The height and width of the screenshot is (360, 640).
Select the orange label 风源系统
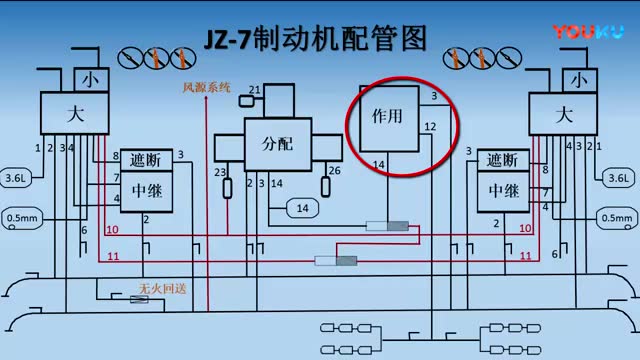206,88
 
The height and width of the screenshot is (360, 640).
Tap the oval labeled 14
301,207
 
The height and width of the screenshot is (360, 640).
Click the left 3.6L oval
16,178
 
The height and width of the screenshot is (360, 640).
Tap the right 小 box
577,79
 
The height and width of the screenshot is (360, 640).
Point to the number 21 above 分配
255,91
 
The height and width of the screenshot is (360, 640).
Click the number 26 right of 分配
334,171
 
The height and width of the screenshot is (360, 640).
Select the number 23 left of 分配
219,172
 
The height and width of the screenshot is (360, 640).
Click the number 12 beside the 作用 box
429,127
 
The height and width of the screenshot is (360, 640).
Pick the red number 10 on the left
112,230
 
